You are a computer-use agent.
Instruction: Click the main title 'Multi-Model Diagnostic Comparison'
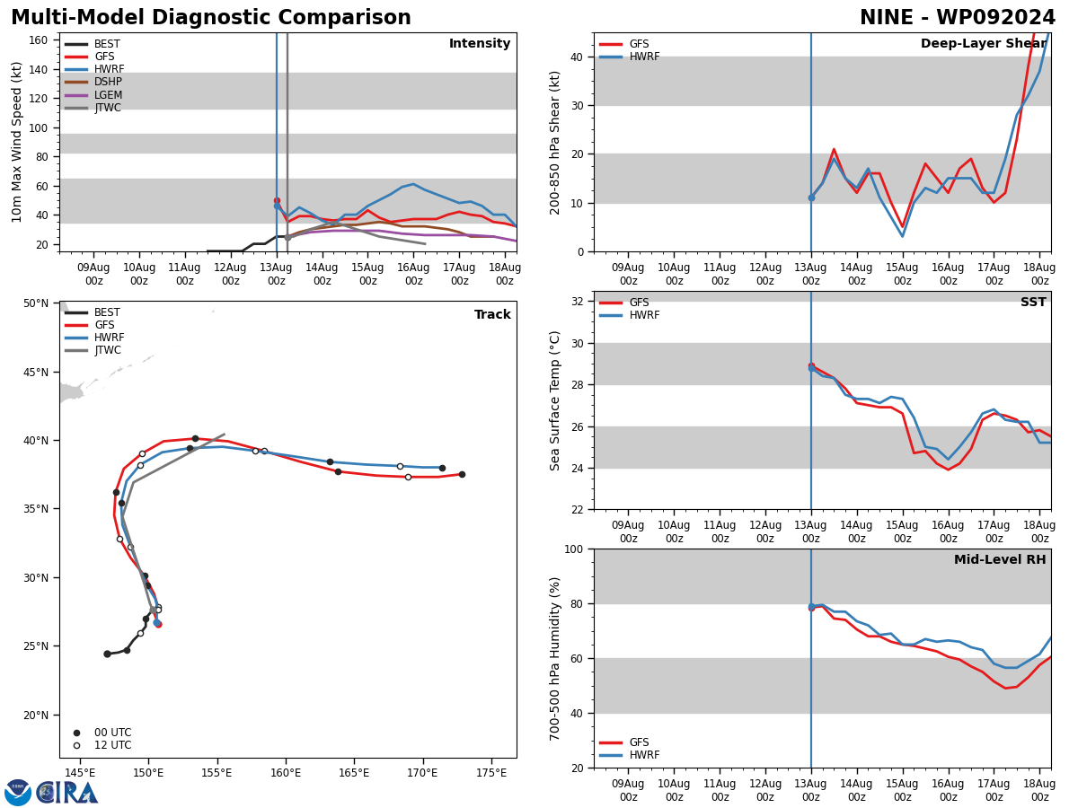pyautogui.click(x=211, y=18)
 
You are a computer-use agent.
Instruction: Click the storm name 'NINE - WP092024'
pyautogui.click(x=958, y=18)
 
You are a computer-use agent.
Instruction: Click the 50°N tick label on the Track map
pyautogui.click(x=36, y=303)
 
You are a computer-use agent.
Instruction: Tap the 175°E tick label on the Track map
pyautogui.click(x=491, y=772)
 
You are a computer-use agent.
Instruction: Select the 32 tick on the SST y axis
pyautogui.click(x=579, y=302)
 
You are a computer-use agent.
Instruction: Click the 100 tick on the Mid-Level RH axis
pyautogui.click(x=572, y=549)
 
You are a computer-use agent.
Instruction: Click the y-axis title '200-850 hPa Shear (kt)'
pyautogui.click(x=555, y=142)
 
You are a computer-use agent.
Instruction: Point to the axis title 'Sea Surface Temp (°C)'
pyautogui.click(x=555, y=400)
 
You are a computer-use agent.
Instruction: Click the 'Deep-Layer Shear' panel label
pyautogui.click(x=983, y=44)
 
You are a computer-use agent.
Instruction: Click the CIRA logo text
pyautogui.click(x=68, y=793)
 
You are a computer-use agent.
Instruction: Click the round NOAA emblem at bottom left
pyautogui.click(x=18, y=793)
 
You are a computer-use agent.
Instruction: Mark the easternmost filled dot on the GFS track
pyautogui.click(x=462, y=474)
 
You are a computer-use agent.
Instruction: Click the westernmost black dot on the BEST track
pyautogui.click(x=107, y=654)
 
